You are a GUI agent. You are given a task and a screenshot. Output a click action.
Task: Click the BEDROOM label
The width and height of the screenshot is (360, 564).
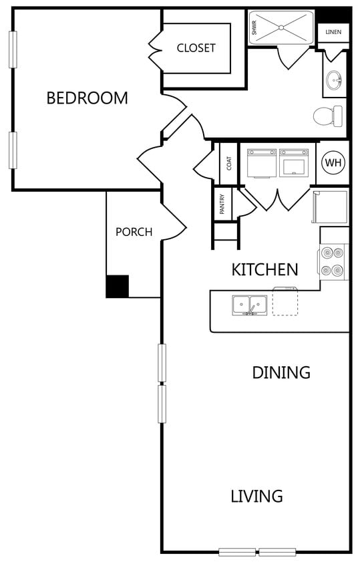click(87, 98)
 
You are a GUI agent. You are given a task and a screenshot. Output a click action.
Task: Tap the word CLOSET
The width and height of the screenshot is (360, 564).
click(196, 48)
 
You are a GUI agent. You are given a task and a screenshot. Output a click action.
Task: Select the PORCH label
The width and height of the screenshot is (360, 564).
click(134, 232)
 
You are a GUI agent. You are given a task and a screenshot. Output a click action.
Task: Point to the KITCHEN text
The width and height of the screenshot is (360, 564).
click(264, 270)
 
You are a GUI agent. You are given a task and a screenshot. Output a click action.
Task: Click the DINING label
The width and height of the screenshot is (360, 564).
click(281, 372)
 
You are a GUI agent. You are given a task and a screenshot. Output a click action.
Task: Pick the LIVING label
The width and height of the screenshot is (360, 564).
click(256, 496)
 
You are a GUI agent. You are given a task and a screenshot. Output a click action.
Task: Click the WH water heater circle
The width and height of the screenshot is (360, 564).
click(333, 162)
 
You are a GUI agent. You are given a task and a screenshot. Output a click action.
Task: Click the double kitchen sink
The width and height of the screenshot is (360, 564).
click(250, 305)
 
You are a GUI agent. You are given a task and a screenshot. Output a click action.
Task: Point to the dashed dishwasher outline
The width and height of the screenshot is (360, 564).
click(285, 301)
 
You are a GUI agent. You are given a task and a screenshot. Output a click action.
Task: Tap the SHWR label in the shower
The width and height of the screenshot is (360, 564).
click(254, 27)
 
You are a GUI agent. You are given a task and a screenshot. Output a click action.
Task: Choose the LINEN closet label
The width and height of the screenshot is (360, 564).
click(333, 32)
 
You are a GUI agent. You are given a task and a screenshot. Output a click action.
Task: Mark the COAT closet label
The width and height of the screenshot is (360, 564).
click(229, 163)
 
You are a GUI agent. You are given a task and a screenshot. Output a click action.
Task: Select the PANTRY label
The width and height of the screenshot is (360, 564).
click(222, 204)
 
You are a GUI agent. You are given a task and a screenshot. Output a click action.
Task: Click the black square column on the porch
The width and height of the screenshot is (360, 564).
click(118, 286)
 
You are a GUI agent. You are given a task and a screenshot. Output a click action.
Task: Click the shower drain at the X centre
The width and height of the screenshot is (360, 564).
click(282, 27)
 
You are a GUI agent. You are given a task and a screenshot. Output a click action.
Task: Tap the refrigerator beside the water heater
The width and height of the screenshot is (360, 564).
click(330, 207)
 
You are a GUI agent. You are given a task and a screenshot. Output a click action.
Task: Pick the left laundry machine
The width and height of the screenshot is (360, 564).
click(262, 164)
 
